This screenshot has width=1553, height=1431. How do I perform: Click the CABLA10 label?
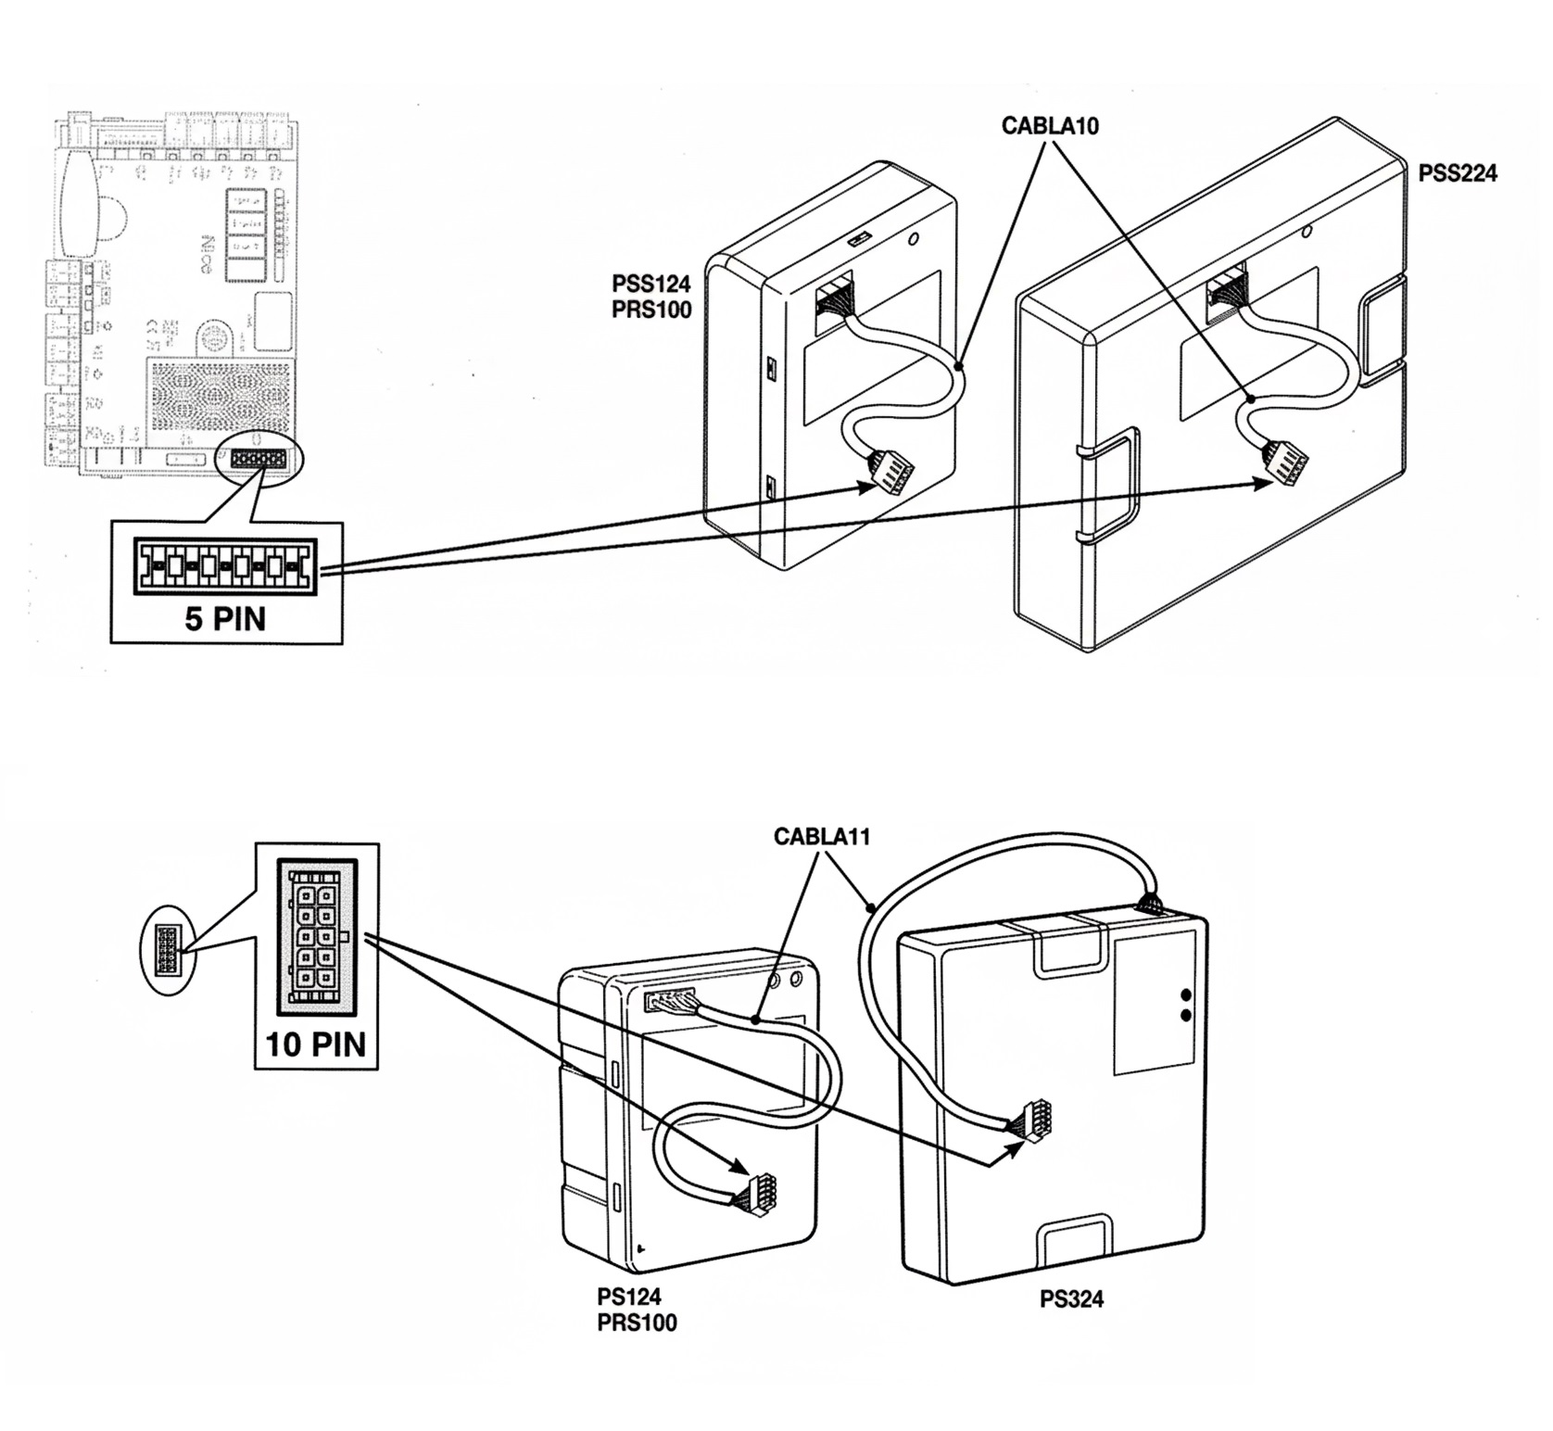point(1050,126)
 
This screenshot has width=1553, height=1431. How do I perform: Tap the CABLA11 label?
point(821,837)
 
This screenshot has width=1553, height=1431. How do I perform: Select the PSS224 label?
point(1458,173)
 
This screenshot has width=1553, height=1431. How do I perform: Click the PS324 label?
point(1071,1298)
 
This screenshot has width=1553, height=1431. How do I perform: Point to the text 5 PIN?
point(225,618)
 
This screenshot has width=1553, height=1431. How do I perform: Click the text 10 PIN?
point(316,1044)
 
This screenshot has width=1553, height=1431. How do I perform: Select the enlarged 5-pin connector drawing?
point(225,566)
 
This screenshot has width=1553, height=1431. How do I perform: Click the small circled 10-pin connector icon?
point(168,950)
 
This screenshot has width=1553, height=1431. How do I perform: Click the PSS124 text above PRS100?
point(650,284)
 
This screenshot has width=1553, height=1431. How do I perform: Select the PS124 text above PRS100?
point(629,1296)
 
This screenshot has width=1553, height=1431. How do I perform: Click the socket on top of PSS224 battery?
point(1228,293)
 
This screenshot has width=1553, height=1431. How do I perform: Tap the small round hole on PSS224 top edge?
point(1307,231)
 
